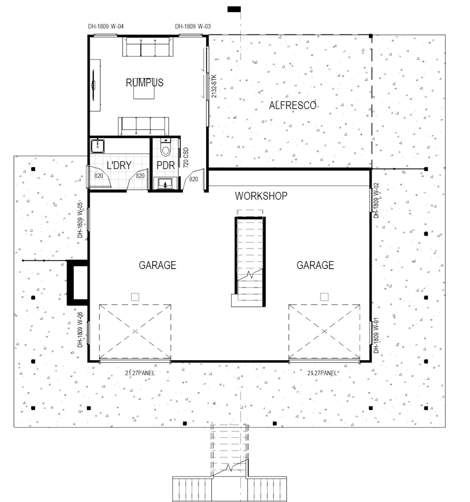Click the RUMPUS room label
tap(144, 83)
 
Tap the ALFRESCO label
tap(292, 105)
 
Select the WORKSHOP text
tap(261, 196)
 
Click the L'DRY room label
tap(119, 165)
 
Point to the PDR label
tap(166, 165)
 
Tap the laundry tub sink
tap(97, 146)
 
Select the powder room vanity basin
tap(165, 183)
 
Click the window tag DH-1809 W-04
tap(106, 26)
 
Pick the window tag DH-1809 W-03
tap(193, 26)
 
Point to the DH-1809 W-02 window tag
tap(376, 200)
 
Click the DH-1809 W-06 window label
tap(80, 330)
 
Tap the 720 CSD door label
tap(186, 158)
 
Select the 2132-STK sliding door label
tap(214, 86)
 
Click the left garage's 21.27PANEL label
tap(140, 373)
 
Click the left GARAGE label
tap(157, 265)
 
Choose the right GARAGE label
tap(315, 265)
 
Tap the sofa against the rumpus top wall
tap(148, 47)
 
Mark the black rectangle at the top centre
tap(234, 9)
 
